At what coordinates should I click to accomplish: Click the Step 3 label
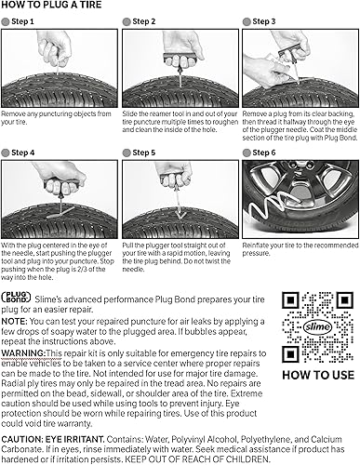coord(265,21)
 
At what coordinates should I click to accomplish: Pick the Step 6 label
coord(265,152)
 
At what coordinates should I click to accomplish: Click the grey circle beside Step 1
coord(7,21)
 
